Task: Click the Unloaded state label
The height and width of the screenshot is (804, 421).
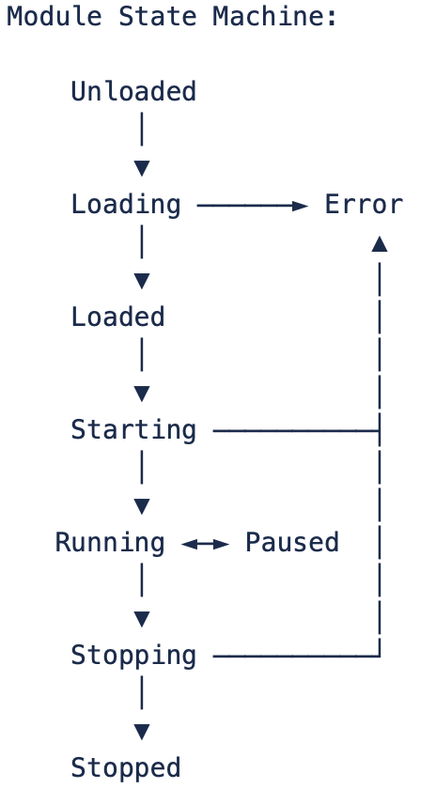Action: (x=133, y=91)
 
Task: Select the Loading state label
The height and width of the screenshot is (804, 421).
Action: (x=126, y=205)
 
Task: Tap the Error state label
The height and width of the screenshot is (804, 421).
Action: (x=364, y=205)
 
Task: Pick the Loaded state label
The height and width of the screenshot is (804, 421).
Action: (x=117, y=317)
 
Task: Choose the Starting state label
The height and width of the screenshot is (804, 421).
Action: (x=133, y=430)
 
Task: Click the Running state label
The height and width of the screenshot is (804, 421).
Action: (x=110, y=543)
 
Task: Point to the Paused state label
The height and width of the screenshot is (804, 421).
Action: (x=292, y=543)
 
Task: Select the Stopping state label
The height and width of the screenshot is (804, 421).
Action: (x=133, y=656)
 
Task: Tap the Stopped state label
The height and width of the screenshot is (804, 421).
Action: (x=126, y=768)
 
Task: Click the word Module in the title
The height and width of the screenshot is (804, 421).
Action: (x=54, y=16)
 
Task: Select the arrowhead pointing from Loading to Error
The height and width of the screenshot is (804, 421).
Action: (x=300, y=206)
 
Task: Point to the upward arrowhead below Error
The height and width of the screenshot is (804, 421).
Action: (x=380, y=243)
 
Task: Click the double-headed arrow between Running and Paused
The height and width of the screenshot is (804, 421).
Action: (x=205, y=544)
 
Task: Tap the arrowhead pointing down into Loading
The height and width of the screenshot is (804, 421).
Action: (x=142, y=168)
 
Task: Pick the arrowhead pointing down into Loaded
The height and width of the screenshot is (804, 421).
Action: (x=142, y=281)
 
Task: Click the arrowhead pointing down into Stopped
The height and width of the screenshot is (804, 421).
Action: (x=142, y=732)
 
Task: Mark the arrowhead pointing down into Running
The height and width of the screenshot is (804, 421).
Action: (x=142, y=506)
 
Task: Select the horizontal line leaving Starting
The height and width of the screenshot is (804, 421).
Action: (x=296, y=431)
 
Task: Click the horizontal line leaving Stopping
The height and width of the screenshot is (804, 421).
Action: (x=296, y=656)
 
